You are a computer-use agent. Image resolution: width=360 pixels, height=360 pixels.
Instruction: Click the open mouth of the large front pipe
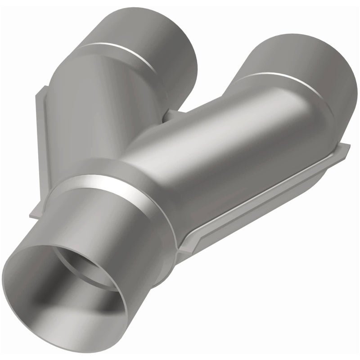point(67,288)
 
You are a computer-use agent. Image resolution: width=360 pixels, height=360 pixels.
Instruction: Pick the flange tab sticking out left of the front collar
point(36,211)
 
